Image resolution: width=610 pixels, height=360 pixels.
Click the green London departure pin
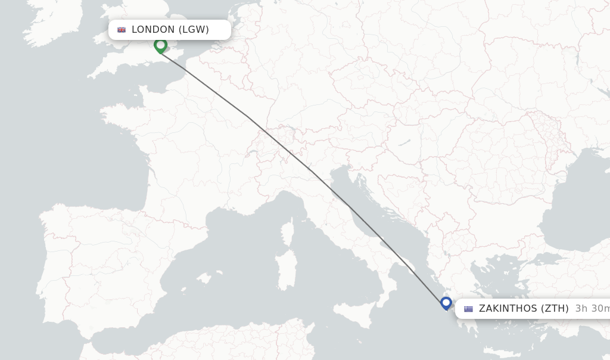[x=160, y=45]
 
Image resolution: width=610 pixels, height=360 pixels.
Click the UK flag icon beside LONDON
[x=122, y=30]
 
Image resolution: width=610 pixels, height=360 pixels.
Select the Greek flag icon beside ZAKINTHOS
[x=469, y=309]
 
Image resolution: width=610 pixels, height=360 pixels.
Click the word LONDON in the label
[x=153, y=30]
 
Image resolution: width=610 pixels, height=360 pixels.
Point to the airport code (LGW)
[x=194, y=30]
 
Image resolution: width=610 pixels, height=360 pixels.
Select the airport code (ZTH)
[x=555, y=309]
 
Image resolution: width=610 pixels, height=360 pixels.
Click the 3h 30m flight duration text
[x=592, y=309]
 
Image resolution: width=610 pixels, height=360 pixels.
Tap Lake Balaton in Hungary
[x=405, y=143]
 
